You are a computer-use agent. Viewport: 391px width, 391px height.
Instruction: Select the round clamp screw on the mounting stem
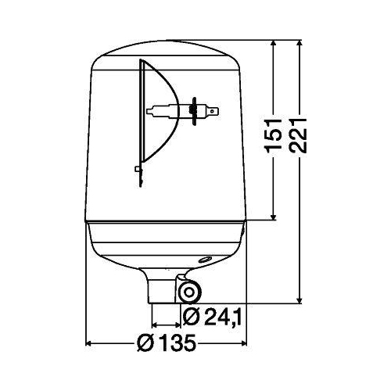coord(188,292)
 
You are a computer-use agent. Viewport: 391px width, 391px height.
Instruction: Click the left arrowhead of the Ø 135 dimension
coord(88,343)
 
